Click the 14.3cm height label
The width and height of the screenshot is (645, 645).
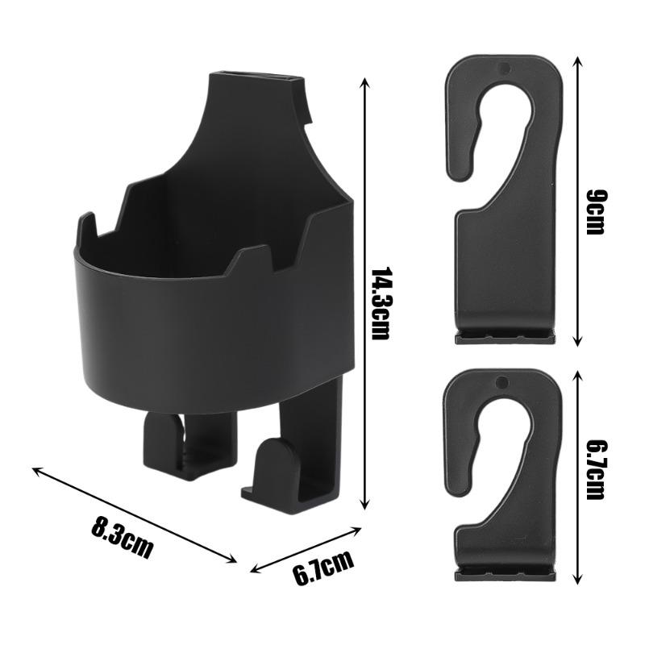point(380,304)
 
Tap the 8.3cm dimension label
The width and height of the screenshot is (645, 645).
point(122,537)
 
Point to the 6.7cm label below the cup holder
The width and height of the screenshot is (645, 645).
point(324,568)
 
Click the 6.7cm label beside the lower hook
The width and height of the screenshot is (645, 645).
point(595,469)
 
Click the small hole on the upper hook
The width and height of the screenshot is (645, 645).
point(504,69)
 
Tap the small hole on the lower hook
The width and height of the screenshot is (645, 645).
point(501,382)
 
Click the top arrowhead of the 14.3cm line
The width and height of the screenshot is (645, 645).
point(364,81)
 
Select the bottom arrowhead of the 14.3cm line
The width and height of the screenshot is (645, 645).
point(364,505)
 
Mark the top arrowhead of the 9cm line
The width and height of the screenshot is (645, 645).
point(578,62)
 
